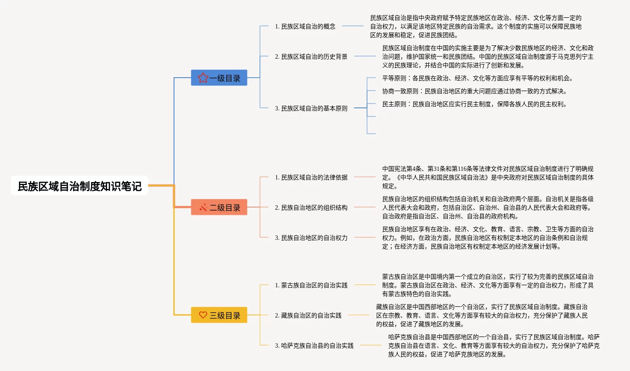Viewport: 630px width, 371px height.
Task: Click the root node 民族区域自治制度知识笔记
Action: (79, 186)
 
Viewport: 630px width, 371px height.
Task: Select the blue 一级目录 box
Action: (219, 78)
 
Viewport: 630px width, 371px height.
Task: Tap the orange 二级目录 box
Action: (219, 208)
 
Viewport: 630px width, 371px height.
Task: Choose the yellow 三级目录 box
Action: (219, 315)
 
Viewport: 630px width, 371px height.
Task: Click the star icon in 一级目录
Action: (203, 78)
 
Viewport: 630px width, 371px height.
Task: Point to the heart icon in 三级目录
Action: (203, 315)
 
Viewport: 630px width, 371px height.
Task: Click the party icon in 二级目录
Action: (203, 208)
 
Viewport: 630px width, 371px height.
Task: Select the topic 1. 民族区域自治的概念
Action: (305, 26)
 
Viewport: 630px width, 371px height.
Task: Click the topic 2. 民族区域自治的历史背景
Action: (311, 57)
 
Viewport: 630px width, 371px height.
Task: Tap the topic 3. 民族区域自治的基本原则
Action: (311, 108)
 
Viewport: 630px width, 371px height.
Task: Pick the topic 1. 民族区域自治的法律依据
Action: (311, 177)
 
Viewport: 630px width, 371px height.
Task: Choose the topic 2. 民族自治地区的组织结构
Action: (311, 208)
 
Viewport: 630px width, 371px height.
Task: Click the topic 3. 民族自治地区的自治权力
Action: (311, 238)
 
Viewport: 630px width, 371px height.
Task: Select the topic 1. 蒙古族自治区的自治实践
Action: (311, 285)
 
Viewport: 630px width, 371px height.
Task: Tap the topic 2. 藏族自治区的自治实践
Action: (308, 315)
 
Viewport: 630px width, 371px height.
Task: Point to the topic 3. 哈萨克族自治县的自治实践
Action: (314, 346)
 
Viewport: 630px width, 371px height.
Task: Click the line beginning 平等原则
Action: (477, 78)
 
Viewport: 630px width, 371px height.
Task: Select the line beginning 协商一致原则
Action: (474, 91)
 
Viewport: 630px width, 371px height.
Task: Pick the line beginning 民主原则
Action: (474, 104)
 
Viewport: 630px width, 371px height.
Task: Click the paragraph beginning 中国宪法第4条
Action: (488, 177)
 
